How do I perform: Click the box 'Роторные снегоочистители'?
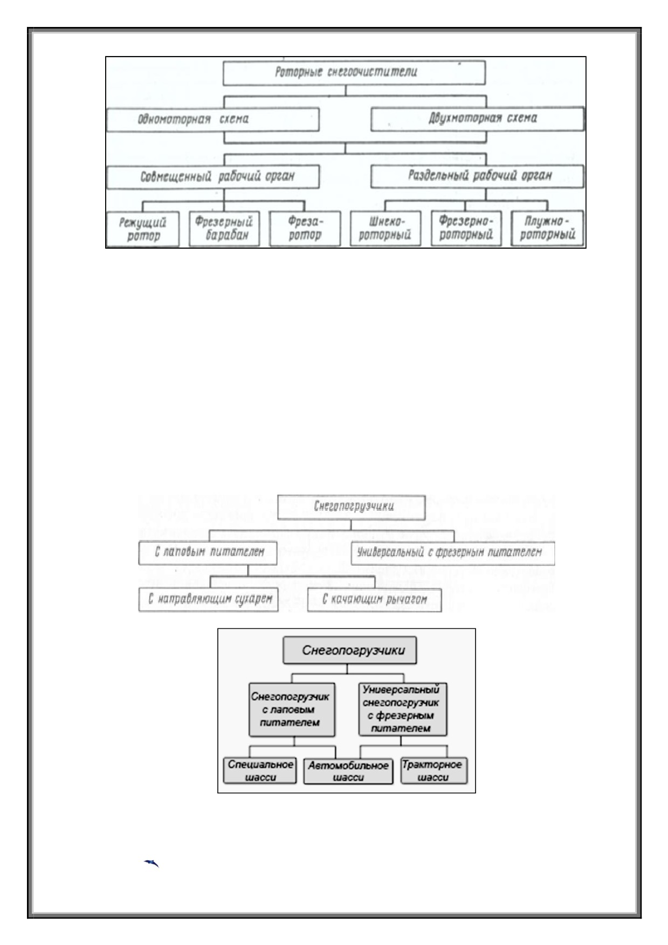[354, 72]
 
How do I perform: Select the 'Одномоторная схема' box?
[212, 119]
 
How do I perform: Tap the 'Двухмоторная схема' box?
[477, 119]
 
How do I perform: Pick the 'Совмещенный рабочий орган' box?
[212, 177]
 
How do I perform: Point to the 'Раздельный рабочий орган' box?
[477, 176]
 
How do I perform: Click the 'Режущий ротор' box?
[142, 229]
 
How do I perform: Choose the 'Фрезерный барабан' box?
[224, 229]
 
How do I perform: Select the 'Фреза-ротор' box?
[305, 229]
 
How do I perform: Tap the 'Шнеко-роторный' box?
[385, 229]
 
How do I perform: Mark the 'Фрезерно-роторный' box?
[466, 228]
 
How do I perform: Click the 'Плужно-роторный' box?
[547, 228]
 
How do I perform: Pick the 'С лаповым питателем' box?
[208, 553]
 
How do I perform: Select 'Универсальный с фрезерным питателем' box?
[453, 553]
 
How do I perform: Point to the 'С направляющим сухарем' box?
[208, 600]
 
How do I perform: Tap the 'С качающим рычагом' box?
[374, 600]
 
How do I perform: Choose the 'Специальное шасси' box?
[260, 771]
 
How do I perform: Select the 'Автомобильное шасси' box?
[348, 771]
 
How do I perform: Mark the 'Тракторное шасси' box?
[434, 771]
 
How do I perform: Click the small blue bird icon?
[151, 864]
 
